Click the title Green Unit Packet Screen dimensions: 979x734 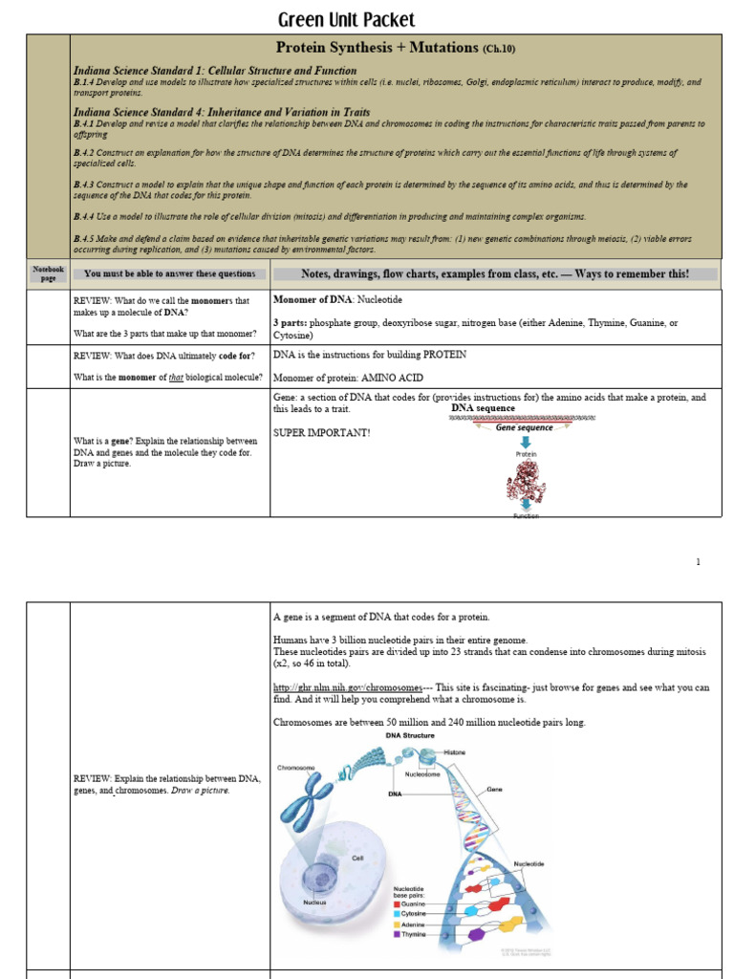(346, 20)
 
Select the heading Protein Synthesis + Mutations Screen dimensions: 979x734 (377, 47)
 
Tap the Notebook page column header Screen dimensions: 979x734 (48, 273)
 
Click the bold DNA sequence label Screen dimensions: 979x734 (483, 408)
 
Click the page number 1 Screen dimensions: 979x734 (698, 562)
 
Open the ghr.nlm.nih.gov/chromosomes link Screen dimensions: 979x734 (348, 687)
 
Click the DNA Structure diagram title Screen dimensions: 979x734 (410, 735)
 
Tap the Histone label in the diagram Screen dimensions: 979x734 (455, 752)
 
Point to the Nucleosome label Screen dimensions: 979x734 (421, 774)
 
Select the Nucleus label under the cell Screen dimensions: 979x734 (314, 902)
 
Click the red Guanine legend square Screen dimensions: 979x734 (397, 903)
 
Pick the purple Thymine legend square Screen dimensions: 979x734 (397, 934)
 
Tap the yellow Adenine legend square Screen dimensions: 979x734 (397, 924)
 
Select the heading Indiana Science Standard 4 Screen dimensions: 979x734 (222, 112)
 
